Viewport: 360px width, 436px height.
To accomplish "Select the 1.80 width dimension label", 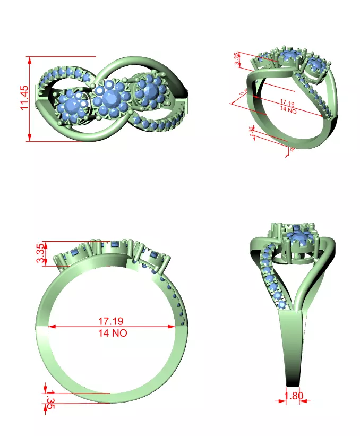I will pyautogui.click(x=294, y=396).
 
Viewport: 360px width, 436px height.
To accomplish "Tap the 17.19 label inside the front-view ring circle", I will pyautogui.click(x=111, y=321).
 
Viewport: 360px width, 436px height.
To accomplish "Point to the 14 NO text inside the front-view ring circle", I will pyautogui.click(x=112, y=333).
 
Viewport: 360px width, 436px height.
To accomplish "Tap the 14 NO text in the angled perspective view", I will pyautogui.click(x=287, y=110).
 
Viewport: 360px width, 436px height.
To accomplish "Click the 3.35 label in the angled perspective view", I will pyautogui.click(x=237, y=59).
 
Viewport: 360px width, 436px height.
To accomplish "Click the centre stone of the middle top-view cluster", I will pyautogui.click(x=111, y=97).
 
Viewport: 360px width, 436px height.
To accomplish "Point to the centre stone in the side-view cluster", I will pyautogui.click(x=301, y=241).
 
